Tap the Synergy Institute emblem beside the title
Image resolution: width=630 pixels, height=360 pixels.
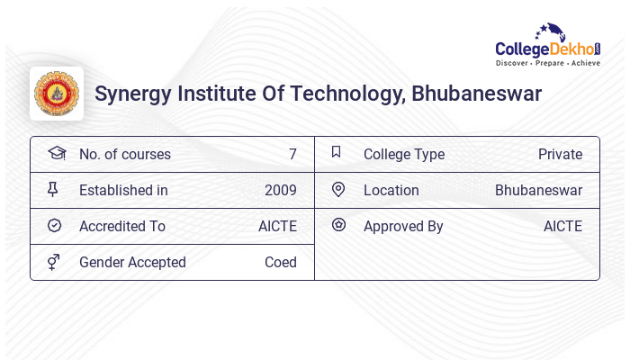56,94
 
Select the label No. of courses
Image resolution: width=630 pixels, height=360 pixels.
124,154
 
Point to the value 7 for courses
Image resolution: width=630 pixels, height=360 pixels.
292,154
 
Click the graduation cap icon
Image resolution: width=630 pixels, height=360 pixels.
56,153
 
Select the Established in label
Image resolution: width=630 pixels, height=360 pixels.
123,190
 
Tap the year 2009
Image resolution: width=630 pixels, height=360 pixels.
280,190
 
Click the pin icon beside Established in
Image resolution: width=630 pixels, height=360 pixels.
53,189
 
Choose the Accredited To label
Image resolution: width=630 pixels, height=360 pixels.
121,226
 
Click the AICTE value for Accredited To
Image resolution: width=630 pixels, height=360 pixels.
277,226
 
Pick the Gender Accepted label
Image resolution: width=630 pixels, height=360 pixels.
132,262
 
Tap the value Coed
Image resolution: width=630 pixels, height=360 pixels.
280,262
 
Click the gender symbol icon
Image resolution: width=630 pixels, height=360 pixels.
53,262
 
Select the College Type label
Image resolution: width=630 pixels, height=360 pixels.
403,154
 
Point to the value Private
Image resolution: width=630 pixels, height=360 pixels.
560,154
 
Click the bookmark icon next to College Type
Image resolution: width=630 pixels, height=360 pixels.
337,152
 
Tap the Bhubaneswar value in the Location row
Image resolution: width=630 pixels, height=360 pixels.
538,190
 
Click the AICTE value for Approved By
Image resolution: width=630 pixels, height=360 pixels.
562,226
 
